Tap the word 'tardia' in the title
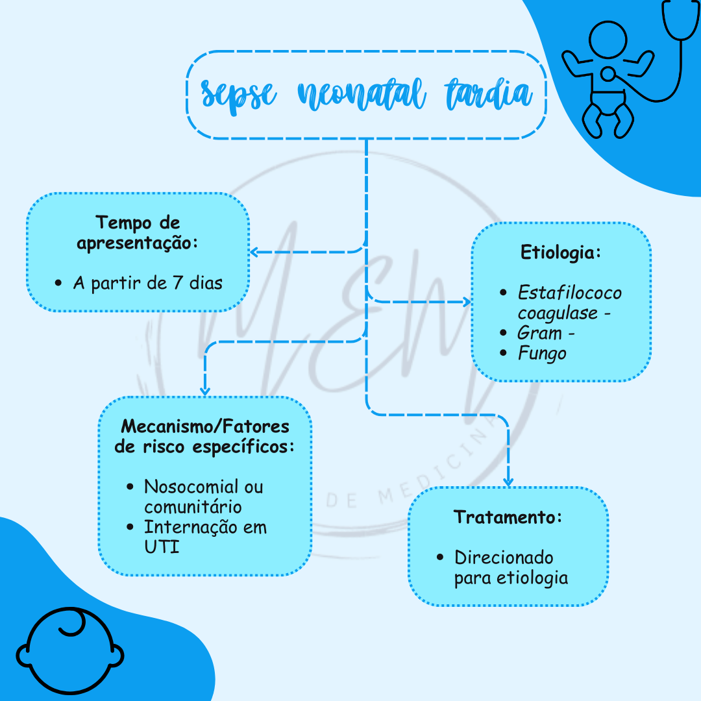tap(488, 94)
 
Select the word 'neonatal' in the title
tap(362, 95)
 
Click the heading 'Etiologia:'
tap(561, 252)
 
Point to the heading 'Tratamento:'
tap(508, 517)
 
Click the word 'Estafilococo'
tap(569, 293)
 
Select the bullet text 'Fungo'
tap(541, 354)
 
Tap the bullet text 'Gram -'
tap(546, 334)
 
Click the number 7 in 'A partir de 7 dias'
tap(177, 284)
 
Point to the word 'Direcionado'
tap(504, 558)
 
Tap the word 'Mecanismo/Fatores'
tap(205, 427)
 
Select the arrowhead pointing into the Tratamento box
tap(508, 482)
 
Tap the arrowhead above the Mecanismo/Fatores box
tap(205, 391)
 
